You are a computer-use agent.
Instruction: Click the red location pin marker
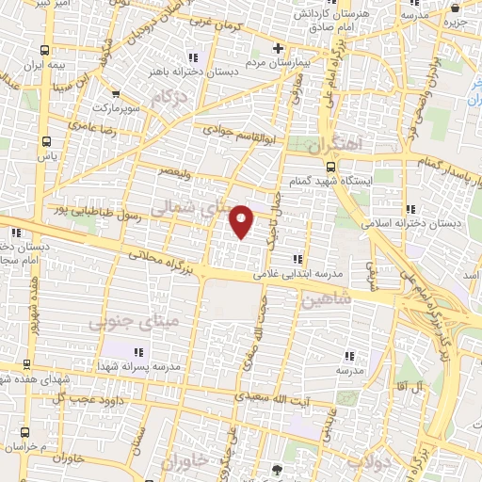point(243,220)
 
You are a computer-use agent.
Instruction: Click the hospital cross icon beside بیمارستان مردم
point(277,48)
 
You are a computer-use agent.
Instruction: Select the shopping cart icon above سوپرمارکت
point(115,94)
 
